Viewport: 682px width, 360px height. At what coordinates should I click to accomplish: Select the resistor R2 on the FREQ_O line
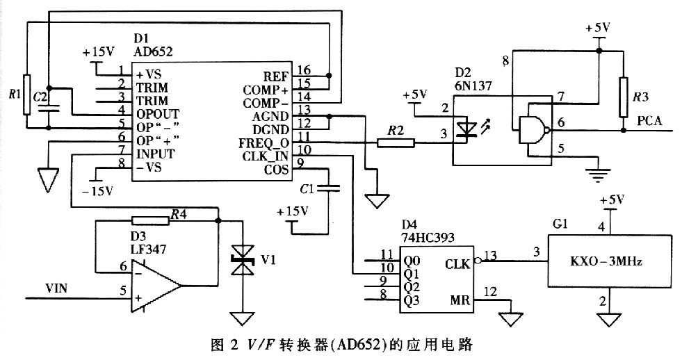396,142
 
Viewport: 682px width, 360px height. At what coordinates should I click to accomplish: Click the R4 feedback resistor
150,220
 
